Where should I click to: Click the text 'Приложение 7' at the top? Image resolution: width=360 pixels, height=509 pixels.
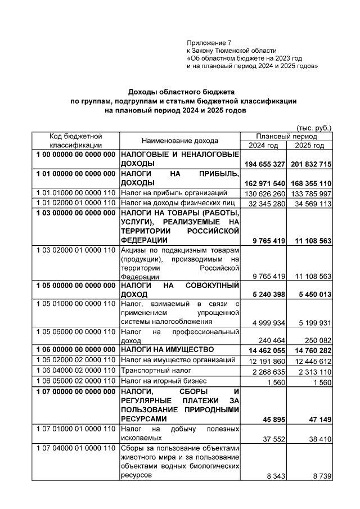pyautogui.click(x=209, y=43)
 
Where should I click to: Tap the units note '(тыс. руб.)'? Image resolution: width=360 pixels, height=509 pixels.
pyautogui.click(x=314, y=128)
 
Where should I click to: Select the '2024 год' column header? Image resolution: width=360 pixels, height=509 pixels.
pyautogui.click(x=263, y=146)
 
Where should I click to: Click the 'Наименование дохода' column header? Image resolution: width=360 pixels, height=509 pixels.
pyautogui.click(x=180, y=141)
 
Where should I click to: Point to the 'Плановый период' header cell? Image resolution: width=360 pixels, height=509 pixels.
pyautogui.click(x=286, y=137)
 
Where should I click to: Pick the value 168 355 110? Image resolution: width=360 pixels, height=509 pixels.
pyautogui.click(x=309, y=183)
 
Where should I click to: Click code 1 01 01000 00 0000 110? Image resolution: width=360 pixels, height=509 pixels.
pyautogui.click(x=76, y=193)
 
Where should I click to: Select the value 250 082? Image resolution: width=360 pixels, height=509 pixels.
pyautogui.click(x=316, y=341)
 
